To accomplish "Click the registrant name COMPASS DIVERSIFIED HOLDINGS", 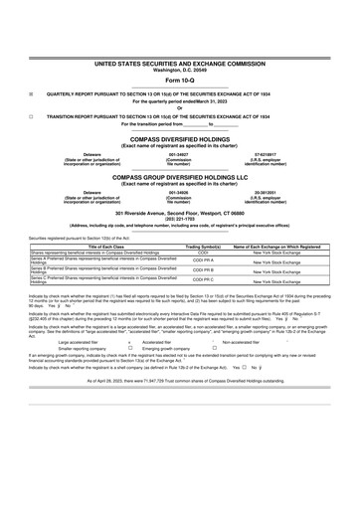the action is [179, 139].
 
